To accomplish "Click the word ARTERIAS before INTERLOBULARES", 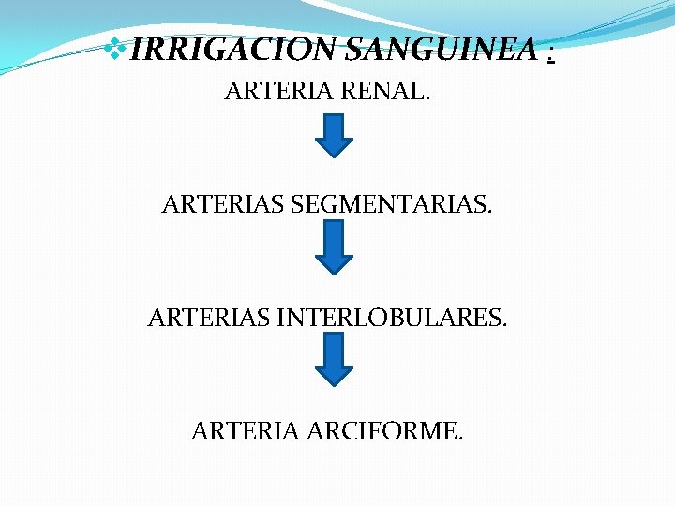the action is point(210,319).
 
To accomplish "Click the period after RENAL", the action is point(427,99).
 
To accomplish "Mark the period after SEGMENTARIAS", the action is point(488,211).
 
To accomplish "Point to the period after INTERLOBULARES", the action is point(504,325).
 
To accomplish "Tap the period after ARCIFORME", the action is point(459,439).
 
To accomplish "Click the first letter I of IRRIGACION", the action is point(137,49).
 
